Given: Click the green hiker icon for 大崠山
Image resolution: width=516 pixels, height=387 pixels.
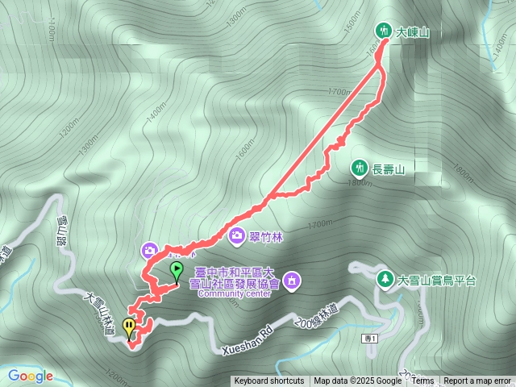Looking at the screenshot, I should [x=383, y=32].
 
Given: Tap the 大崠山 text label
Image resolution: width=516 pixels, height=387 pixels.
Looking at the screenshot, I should [x=412, y=33].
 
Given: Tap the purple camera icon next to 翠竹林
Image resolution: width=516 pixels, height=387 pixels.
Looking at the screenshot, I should [x=237, y=235].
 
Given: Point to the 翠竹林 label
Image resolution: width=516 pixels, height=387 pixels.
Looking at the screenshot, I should [x=265, y=236].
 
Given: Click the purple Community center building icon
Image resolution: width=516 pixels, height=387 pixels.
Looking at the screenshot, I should [x=292, y=280].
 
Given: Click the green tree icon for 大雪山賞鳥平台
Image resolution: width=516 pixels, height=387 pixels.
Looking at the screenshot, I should [x=385, y=280].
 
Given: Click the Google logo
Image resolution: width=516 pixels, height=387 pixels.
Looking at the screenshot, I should [x=30, y=376].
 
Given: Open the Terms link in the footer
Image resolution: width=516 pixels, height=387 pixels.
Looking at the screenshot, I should [x=422, y=381].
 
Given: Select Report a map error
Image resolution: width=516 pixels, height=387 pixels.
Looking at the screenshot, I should [x=477, y=381].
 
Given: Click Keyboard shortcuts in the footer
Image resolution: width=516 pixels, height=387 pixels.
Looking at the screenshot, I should [x=269, y=381].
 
